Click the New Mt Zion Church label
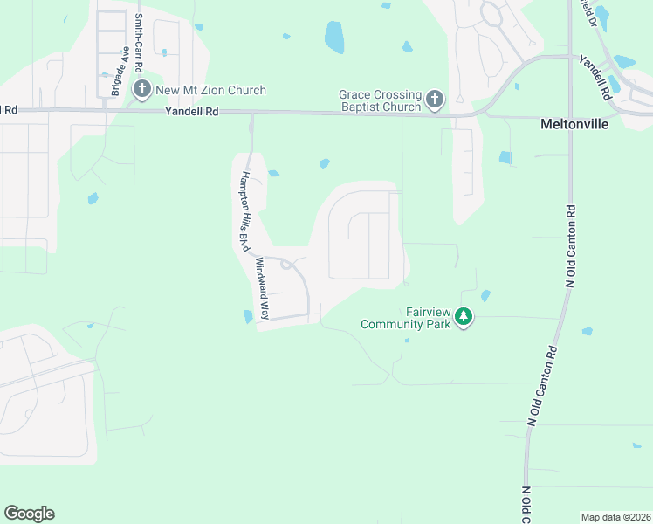[210, 90]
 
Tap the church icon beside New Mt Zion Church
[142, 89]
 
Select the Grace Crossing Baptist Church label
[381, 100]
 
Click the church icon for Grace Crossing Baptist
[435, 100]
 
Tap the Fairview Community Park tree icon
[465, 317]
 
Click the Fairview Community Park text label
[406, 317]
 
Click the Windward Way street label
[260, 291]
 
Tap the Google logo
[29, 514]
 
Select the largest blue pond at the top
[334, 38]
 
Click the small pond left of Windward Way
[248, 316]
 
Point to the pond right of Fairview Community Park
[486, 295]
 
